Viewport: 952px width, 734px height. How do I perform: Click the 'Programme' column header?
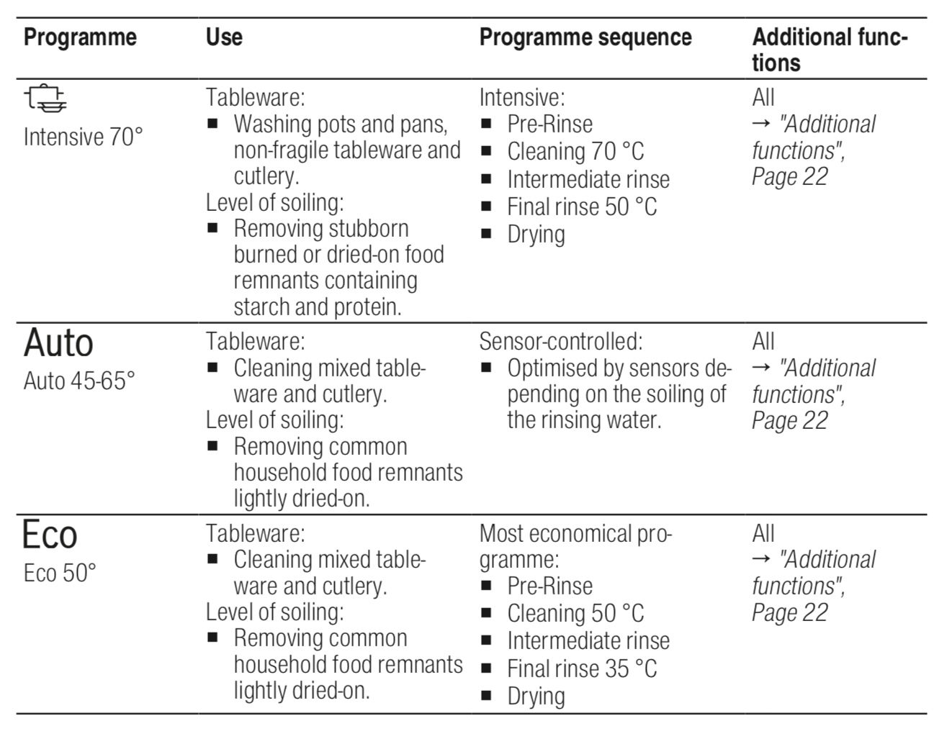[x=80, y=37]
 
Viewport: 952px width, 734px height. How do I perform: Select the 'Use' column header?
[x=224, y=37]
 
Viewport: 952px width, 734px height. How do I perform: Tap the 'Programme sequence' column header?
[x=585, y=37]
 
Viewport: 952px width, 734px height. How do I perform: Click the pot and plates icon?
[x=45, y=98]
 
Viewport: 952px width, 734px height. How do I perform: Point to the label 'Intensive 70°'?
[x=84, y=137]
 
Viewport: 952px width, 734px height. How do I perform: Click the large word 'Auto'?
[x=58, y=343]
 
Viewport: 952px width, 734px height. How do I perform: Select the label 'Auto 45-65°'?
[x=79, y=381]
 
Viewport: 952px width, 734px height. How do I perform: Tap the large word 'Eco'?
[x=50, y=535]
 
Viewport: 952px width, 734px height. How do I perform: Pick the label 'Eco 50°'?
[x=60, y=573]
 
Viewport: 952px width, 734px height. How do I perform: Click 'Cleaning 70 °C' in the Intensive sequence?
[x=575, y=151]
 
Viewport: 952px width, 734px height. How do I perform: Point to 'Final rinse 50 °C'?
[x=583, y=207]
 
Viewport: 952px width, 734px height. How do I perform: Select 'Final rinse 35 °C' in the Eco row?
[x=583, y=669]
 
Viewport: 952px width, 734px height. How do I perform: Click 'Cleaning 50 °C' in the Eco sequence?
[x=575, y=613]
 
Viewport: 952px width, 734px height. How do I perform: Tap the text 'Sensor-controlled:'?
[x=561, y=341]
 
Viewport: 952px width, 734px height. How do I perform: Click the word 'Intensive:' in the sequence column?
[x=522, y=97]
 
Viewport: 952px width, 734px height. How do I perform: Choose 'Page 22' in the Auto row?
[x=790, y=421]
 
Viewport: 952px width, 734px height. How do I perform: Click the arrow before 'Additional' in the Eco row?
[x=761, y=559]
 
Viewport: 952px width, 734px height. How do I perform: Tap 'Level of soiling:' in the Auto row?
[x=274, y=420]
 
